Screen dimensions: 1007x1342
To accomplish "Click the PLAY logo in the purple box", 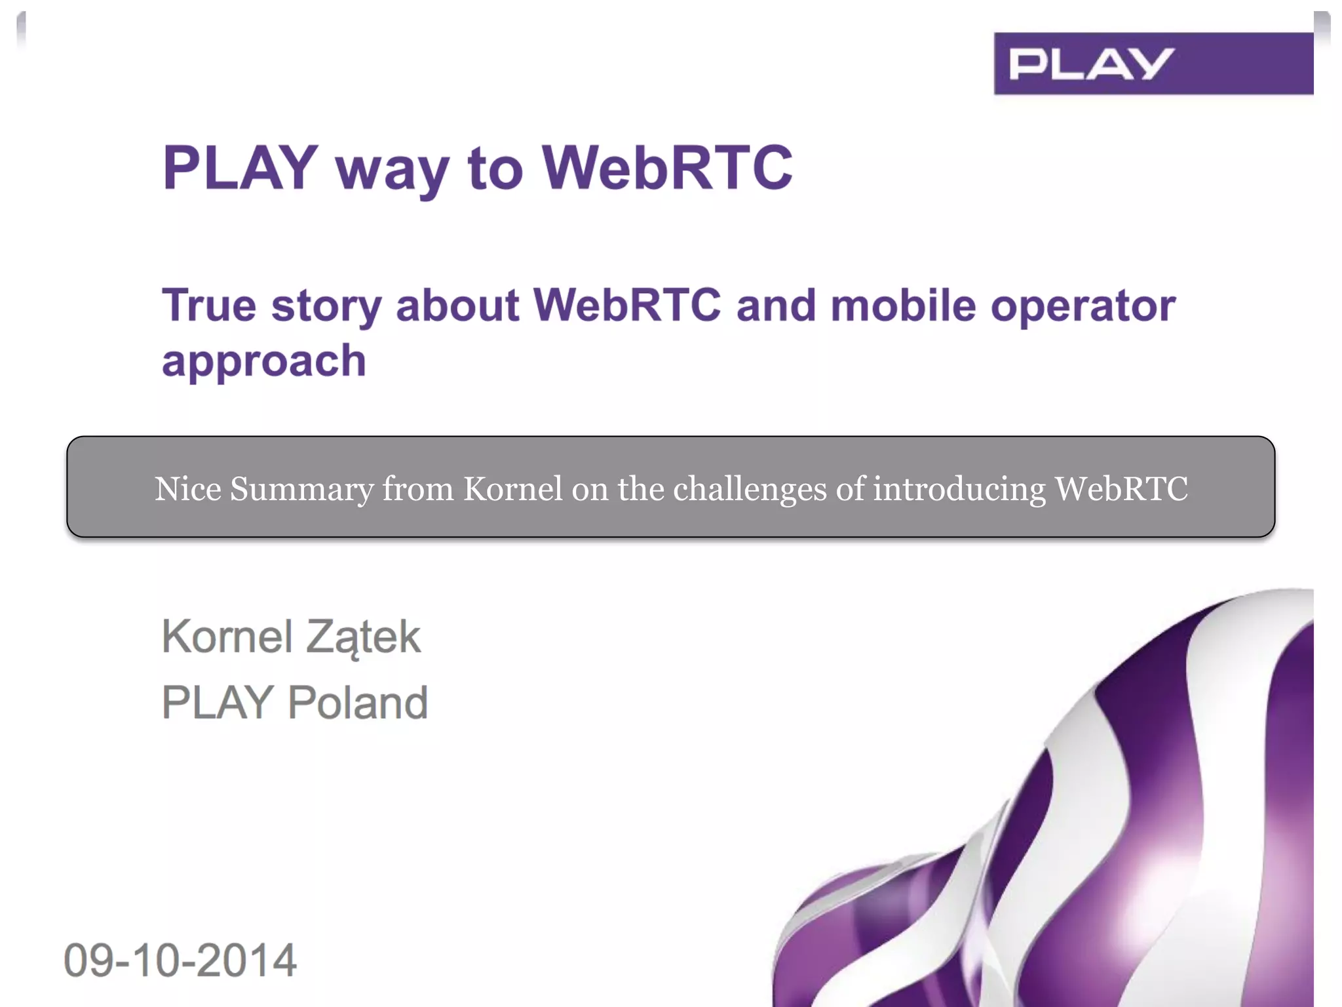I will (x=1090, y=64).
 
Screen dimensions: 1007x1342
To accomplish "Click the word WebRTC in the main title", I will (x=667, y=168).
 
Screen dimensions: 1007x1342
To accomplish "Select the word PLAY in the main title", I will (x=240, y=168).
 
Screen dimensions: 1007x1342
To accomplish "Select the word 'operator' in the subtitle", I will (x=1083, y=307).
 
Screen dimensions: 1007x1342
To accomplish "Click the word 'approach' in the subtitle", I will (x=264, y=361).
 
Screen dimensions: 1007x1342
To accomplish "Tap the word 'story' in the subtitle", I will (x=326, y=307).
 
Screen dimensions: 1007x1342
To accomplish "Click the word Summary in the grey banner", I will (x=301, y=489).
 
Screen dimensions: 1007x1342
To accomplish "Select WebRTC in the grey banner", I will (x=1121, y=489).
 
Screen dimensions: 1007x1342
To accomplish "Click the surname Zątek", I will (x=363, y=637).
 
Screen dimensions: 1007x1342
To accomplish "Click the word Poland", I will (x=358, y=702).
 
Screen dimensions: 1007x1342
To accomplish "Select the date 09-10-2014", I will (x=180, y=960).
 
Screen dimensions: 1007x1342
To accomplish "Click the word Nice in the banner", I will (x=188, y=489).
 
